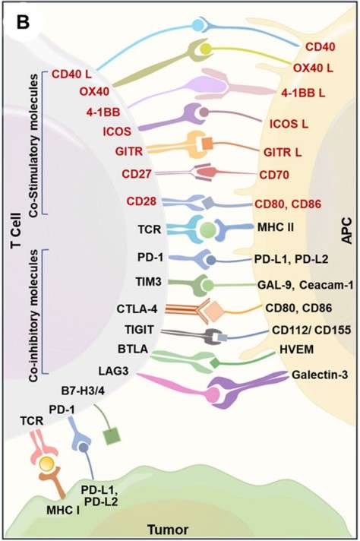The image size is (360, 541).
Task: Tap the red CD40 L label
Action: point(74,74)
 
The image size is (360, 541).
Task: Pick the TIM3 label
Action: point(125,282)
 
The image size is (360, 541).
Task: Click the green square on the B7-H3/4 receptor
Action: point(112,437)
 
